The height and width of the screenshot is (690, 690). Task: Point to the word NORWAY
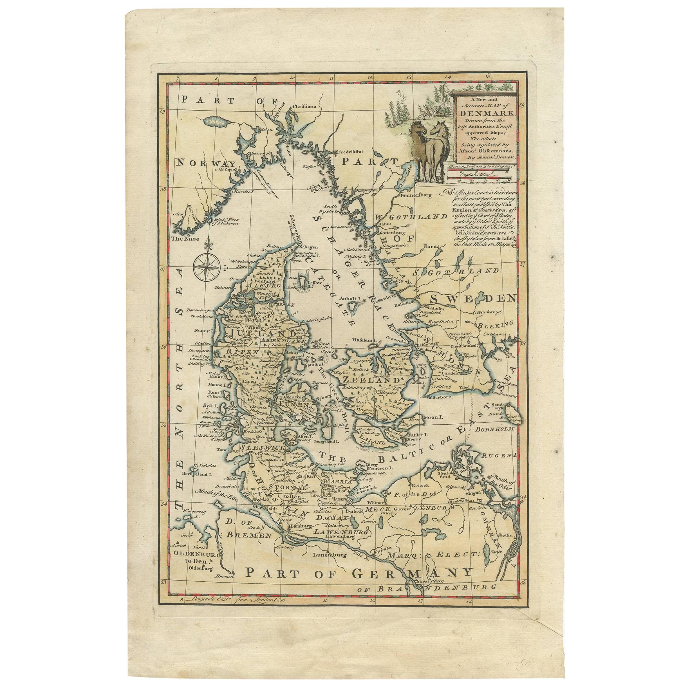(x=202, y=162)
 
